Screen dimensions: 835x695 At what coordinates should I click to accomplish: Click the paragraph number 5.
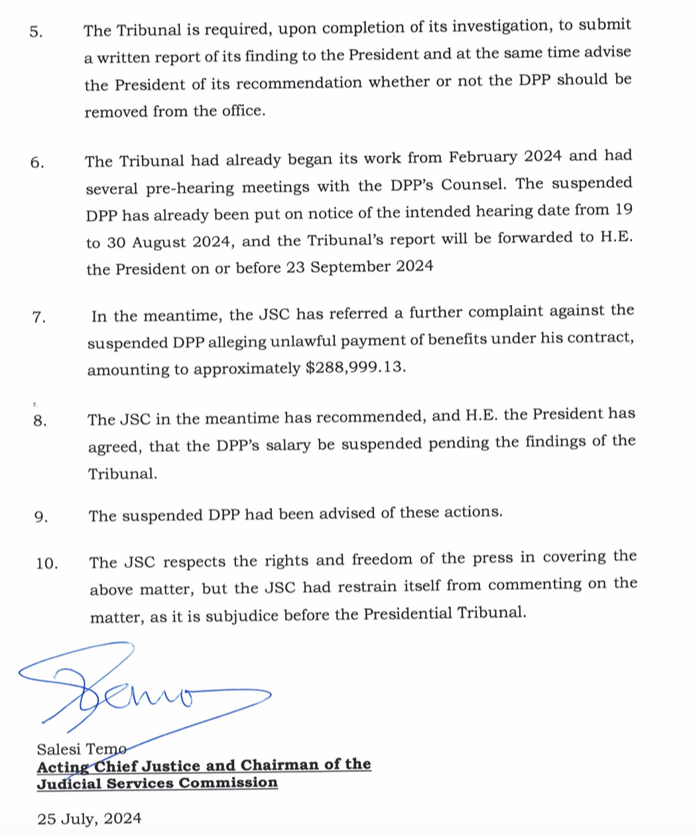pyautogui.click(x=36, y=33)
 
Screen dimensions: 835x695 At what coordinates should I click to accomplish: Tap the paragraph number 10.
pyautogui.click(x=46, y=564)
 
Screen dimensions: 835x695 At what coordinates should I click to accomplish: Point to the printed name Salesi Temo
pyautogui.click(x=81, y=749)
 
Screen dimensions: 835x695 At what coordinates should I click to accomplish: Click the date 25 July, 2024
pyautogui.click(x=90, y=818)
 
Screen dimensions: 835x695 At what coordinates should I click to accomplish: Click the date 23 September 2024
pyautogui.click(x=361, y=267)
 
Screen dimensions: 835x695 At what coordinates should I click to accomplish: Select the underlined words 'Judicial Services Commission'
pyautogui.click(x=157, y=783)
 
